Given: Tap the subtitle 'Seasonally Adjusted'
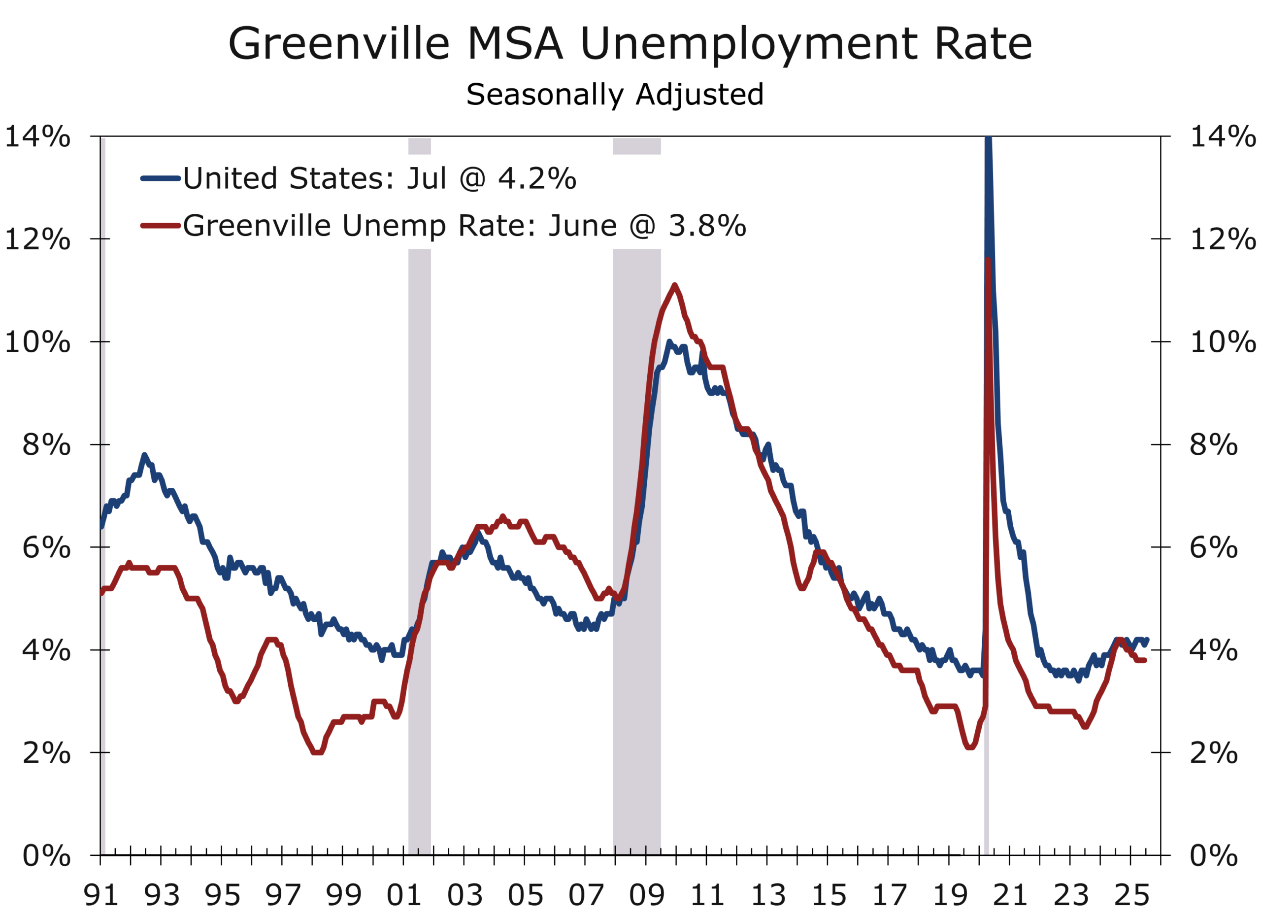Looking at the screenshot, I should [614, 95].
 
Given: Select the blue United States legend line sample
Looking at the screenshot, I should [161, 178].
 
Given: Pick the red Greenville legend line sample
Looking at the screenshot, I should [161, 225].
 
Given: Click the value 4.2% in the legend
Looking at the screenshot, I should [536, 178].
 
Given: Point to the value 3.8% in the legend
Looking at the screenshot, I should [707, 225].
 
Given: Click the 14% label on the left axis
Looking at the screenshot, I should [38, 137].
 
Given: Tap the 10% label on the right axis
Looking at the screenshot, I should [1223, 341].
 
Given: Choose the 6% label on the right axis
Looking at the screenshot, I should [1214, 547].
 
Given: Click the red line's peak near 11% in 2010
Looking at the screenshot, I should [674, 285].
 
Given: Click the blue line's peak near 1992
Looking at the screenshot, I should [144, 455].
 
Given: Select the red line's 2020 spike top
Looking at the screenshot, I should [988, 259].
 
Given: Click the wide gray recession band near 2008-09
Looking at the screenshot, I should [636, 501].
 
